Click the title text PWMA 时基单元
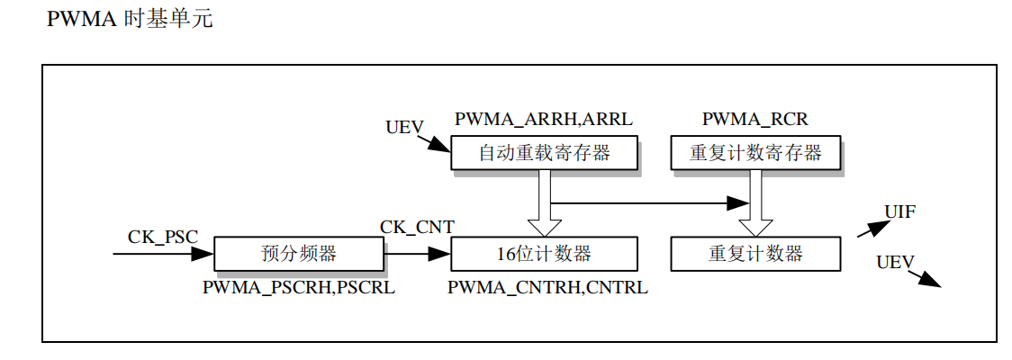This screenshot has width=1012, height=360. pyautogui.click(x=130, y=19)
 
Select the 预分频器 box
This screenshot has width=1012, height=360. pyautogui.click(x=299, y=254)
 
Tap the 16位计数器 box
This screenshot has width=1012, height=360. pyautogui.click(x=544, y=254)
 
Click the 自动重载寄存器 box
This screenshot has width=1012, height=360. pyautogui.click(x=544, y=153)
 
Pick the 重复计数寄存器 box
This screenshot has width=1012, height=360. pyautogui.click(x=756, y=153)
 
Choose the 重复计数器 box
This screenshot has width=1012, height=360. pyautogui.click(x=756, y=254)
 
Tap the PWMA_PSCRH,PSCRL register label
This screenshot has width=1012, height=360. pyautogui.click(x=299, y=288)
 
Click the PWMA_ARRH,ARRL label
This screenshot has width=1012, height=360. pyautogui.click(x=544, y=119)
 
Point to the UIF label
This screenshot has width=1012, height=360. pyautogui.click(x=900, y=212)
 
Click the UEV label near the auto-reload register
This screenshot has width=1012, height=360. pyautogui.click(x=404, y=127)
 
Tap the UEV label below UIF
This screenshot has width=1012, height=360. pyautogui.click(x=895, y=263)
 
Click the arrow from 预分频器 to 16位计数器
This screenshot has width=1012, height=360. pyautogui.click(x=417, y=255)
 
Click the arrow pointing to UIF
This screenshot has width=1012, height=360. pyautogui.click(x=870, y=229)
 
